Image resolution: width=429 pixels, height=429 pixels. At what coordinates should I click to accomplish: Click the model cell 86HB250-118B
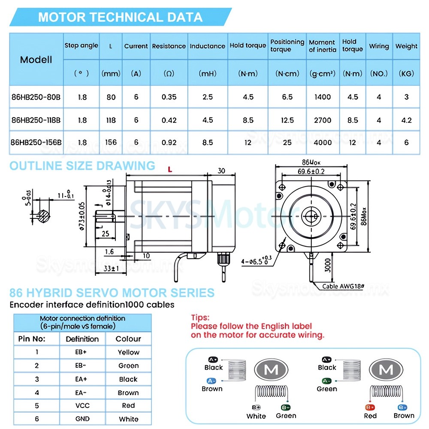pos(36,120)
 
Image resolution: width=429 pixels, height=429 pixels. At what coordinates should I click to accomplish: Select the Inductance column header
pos(208,46)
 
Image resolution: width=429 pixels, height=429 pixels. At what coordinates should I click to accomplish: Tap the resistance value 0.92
pos(169,142)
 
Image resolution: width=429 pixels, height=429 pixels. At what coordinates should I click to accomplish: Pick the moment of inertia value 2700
pos(323,120)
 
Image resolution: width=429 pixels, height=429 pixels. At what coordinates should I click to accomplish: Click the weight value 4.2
pos(406,120)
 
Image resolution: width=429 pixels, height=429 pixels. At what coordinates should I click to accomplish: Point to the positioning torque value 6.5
pos(287,97)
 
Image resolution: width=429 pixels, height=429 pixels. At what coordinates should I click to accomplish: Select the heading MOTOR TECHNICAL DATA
pos(120,17)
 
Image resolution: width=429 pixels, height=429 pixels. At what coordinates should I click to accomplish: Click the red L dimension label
pos(170,170)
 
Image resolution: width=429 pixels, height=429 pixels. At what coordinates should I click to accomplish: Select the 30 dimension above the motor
pos(221,170)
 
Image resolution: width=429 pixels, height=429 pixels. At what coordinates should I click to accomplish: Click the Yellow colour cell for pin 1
pos(129,352)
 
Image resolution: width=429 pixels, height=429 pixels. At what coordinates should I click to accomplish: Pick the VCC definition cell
pos(82,405)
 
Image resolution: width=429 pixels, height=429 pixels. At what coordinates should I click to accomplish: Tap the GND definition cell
pos(82,419)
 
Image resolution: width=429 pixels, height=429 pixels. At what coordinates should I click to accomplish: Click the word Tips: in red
pos(200,318)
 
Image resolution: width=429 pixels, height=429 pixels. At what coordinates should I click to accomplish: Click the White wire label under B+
pos(256,416)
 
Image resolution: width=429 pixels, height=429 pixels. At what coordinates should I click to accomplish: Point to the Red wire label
pos(370,415)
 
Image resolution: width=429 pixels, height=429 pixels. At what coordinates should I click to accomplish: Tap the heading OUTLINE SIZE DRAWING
pos(82,166)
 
